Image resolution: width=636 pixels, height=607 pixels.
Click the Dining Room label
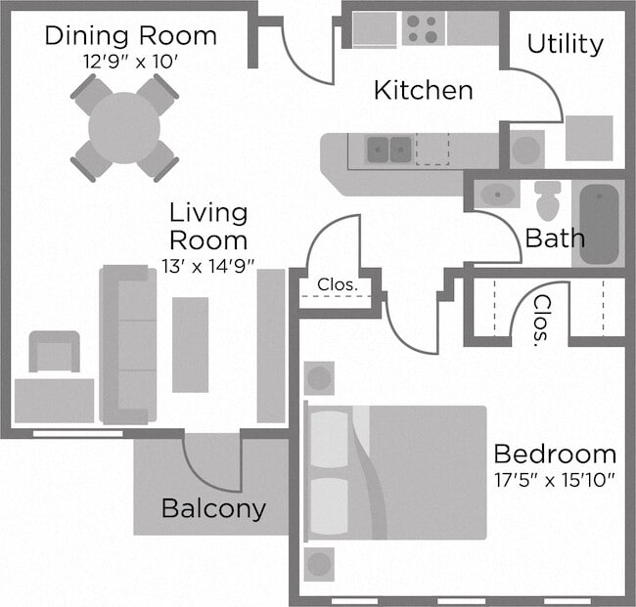pyautogui.click(x=130, y=36)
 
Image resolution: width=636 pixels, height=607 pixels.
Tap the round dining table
pyautogui.click(x=124, y=127)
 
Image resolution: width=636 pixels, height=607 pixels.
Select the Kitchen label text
pyautogui.click(x=424, y=91)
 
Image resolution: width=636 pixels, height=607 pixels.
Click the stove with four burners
pyautogui.click(x=423, y=28)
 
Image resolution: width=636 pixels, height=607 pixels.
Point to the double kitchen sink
pyautogui.click(x=389, y=150)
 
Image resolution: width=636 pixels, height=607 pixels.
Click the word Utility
pyautogui.click(x=565, y=44)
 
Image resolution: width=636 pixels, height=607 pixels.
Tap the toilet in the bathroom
pyautogui.click(x=548, y=200)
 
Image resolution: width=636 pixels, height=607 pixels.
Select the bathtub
pyautogui.click(x=600, y=224)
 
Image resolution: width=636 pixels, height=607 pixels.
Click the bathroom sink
pyautogui.click(x=498, y=194)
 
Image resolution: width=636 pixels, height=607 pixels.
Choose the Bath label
pyautogui.click(x=555, y=238)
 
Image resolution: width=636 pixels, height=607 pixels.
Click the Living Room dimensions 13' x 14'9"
pyautogui.click(x=208, y=265)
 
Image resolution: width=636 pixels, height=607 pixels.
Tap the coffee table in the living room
pyautogui.click(x=190, y=344)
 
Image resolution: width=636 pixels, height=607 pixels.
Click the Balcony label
pyautogui.click(x=213, y=508)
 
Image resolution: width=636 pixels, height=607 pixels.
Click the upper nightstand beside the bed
pyautogui.click(x=319, y=378)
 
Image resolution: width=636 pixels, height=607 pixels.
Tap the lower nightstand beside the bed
pyautogui.click(x=319, y=564)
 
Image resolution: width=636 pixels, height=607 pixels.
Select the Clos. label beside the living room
pyautogui.click(x=336, y=285)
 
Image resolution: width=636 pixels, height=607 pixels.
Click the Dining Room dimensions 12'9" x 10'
pyautogui.click(x=130, y=60)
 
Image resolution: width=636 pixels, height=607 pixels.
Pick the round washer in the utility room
pyautogui.click(x=526, y=150)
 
